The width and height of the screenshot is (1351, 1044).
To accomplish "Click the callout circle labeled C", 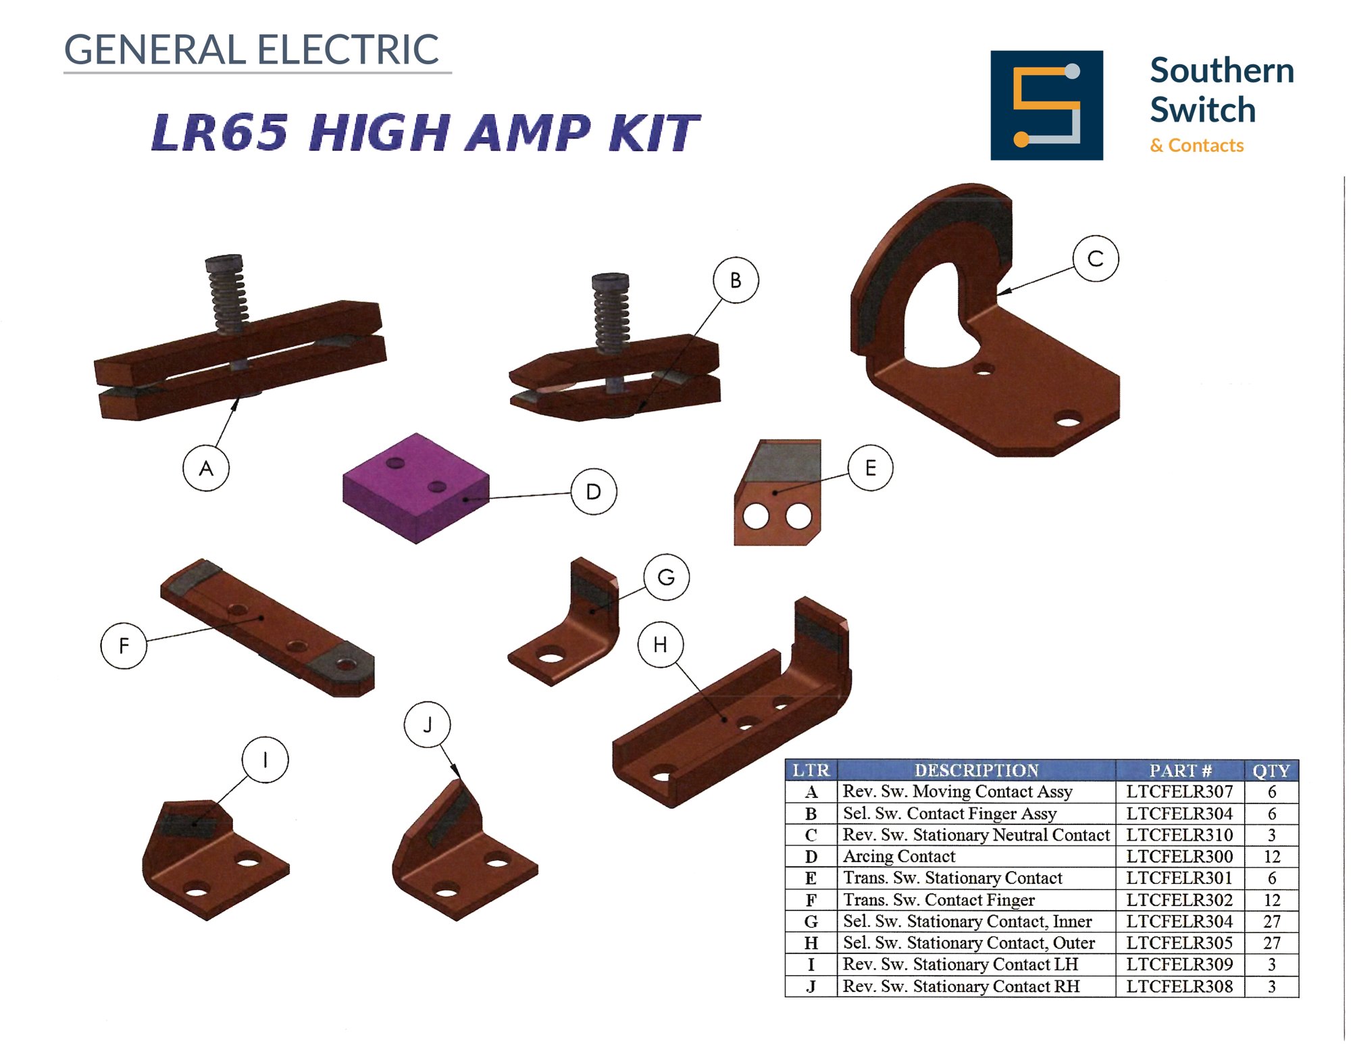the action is (x=1095, y=258).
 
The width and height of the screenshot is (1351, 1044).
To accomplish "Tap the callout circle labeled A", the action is (x=206, y=468).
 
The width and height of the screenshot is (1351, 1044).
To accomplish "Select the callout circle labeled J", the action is (x=427, y=724).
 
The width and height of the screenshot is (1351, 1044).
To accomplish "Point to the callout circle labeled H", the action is (x=660, y=645).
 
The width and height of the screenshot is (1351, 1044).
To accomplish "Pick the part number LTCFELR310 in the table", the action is (x=1179, y=835).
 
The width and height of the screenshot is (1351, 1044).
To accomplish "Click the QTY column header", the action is (x=1271, y=770).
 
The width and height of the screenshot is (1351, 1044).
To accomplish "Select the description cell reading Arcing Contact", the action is (x=899, y=857).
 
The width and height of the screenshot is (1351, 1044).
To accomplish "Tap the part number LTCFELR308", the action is (x=1179, y=987).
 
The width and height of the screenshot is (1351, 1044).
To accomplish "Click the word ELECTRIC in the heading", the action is (x=348, y=49).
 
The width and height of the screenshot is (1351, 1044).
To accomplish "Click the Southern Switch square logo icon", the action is (x=1046, y=105).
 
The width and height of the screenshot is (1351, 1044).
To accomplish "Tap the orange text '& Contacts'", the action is (x=1196, y=145).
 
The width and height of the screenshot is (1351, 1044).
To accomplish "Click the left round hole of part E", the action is (x=756, y=517).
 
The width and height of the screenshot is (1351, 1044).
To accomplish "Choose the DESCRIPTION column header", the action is (x=976, y=770).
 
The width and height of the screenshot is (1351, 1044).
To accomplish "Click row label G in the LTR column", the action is (x=811, y=922).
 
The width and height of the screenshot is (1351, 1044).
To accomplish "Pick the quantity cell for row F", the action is (x=1271, y=900).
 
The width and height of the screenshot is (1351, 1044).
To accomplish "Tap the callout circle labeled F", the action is (x=124, y=645).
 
